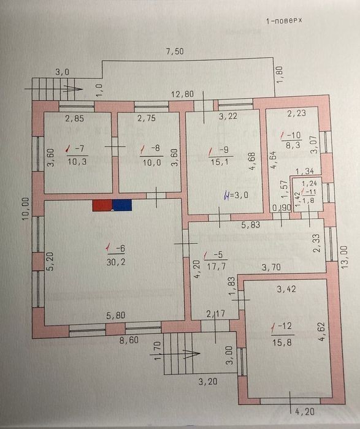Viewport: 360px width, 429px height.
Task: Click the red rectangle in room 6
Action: pyautogui.click(x=102, y=205)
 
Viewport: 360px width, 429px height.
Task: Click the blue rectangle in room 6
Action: pyautogui.click(x=122, y=205)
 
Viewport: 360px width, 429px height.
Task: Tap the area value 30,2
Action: pyautogui.click(x=116, y=262)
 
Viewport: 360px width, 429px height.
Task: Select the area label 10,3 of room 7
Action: pyautogui.click(x=77, y=161)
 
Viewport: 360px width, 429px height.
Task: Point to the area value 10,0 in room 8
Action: pyautogui.click(x=152, y=162)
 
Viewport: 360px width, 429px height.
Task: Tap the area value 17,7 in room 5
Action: pyautogui.click(x=216, y=266)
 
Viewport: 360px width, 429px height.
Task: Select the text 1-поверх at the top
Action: pyautogui.click(x=284, y=21)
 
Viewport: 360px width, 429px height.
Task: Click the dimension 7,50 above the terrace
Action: pyautogui.click(x=175, y=51)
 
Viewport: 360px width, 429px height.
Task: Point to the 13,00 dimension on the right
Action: pyautogui.click(x=345, y=257)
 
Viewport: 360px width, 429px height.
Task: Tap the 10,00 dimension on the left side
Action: pyautogui.click(x=26, y=209)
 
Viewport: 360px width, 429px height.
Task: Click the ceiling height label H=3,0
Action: pyautogui.click(x=236, y=196)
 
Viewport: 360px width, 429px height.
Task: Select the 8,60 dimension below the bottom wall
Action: pyautogui.click(x=129, y=340)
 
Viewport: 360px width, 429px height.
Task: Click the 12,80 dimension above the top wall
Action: pyautogui.click(x=182, y=94)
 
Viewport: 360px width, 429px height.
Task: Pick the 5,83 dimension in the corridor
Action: pyautogui.click(x=250, y=225)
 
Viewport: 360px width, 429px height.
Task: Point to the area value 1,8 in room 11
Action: pyautogui.click(x=308, y=200)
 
